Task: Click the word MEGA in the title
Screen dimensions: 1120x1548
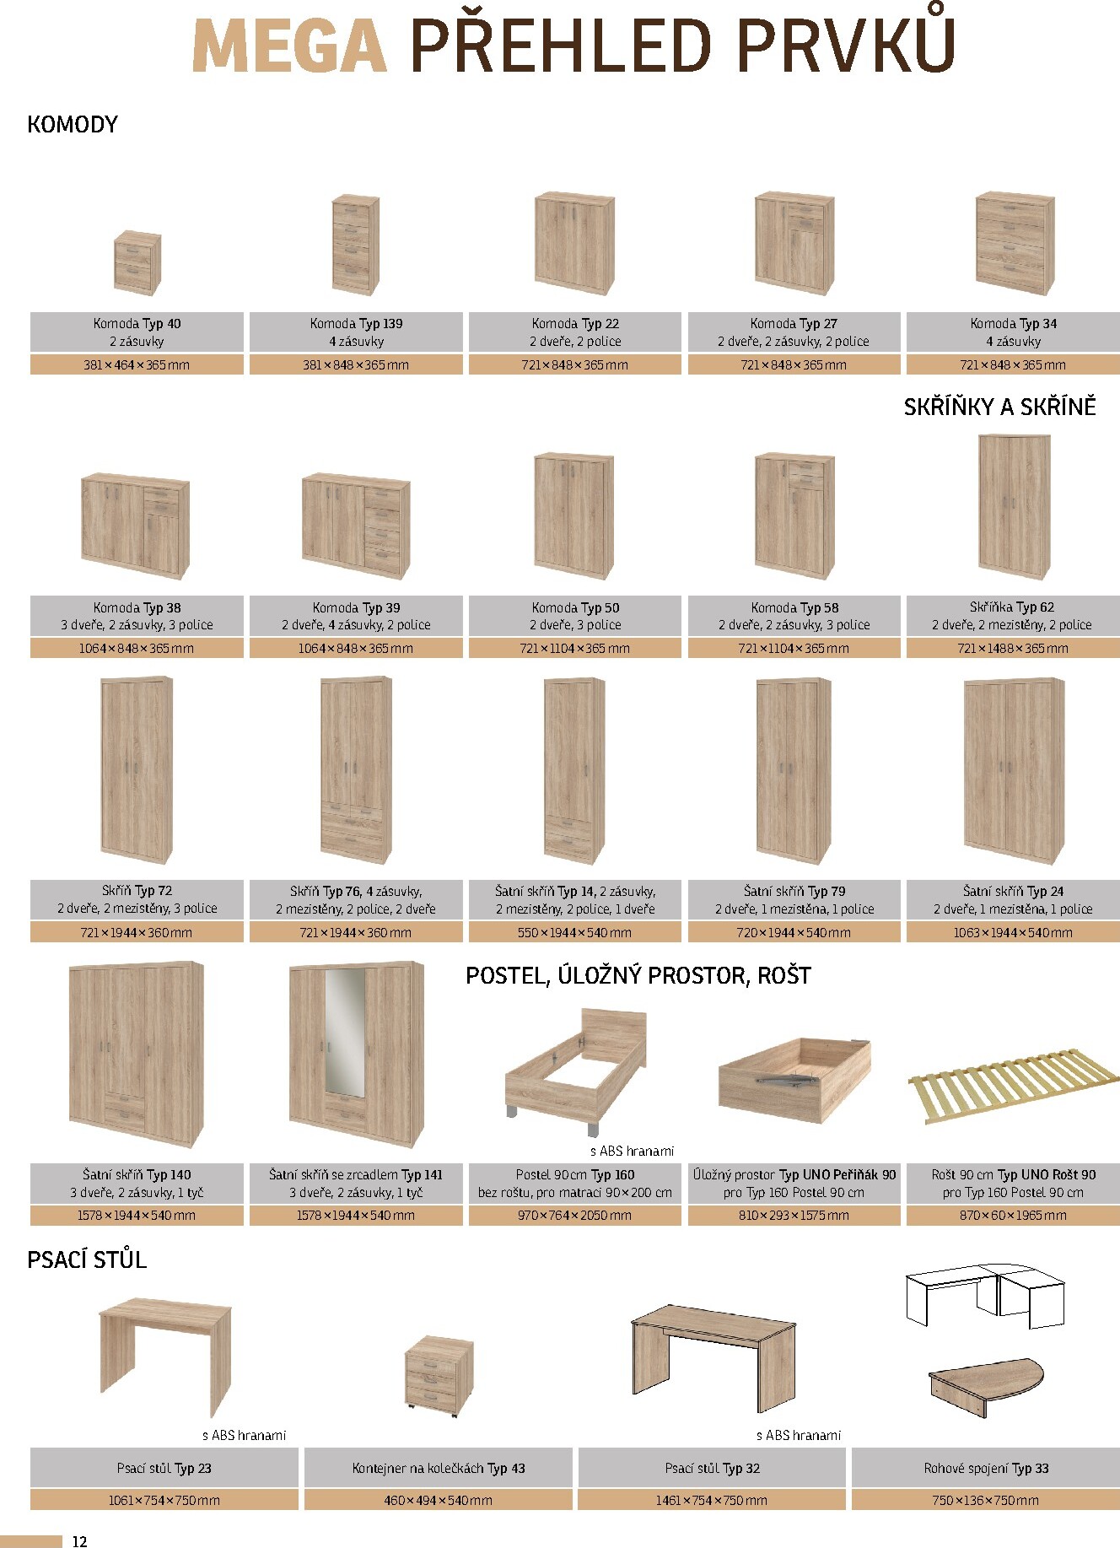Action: [x=289, y=46]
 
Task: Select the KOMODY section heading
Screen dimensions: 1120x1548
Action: [x=73, y=125]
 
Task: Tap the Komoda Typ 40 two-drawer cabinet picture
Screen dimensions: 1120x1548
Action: [x=137, y=262]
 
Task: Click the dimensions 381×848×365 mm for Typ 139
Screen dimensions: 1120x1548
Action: [x=356, y=365]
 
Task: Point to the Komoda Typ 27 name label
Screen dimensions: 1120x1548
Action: [x=794, y=323]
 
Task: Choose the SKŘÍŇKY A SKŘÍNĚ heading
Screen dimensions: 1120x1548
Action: [x=999, y=407]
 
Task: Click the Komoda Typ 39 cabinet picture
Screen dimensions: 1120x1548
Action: [x=356, y=526]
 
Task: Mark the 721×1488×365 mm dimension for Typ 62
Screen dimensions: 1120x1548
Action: [x=1013, y=649]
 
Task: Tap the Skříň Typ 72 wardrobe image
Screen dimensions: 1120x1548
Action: [x=137, y=769]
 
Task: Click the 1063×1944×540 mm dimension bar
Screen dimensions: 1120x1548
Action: [x=1013, y=932]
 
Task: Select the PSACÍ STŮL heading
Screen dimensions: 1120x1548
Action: [x=87, y=1260]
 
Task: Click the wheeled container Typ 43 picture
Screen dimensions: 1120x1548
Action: [x=439, y=1374]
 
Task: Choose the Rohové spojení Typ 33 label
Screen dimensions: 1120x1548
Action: [x=986, y=1469]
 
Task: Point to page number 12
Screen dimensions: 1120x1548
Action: [x=80, y=1541]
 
